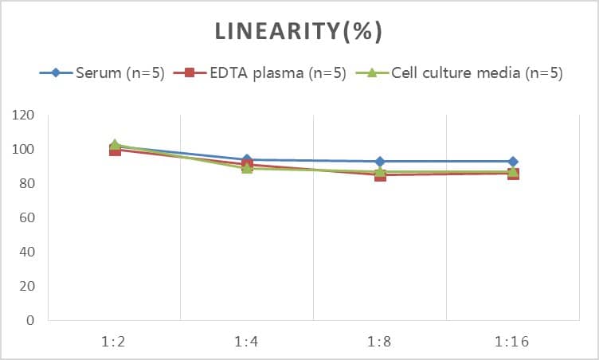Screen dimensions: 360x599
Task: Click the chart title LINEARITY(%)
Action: tap(299, 31)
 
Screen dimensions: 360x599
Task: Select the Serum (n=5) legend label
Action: tap(120, 73)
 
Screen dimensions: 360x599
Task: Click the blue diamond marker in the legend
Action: tap(56, 73)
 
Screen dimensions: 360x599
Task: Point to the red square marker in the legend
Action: tap(190, 73)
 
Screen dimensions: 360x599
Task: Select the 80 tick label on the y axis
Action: tap(27, 184)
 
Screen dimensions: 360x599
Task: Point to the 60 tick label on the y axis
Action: tap(27, 218)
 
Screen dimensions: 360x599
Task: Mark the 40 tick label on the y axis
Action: tap(27, 252)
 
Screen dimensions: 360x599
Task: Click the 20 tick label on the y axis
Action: tap(27, 287)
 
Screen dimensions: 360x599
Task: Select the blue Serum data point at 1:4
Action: tap(247, 160)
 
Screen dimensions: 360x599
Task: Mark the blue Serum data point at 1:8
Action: tap(380, 162)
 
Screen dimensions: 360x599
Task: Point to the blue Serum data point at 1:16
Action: tap(513, 162)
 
